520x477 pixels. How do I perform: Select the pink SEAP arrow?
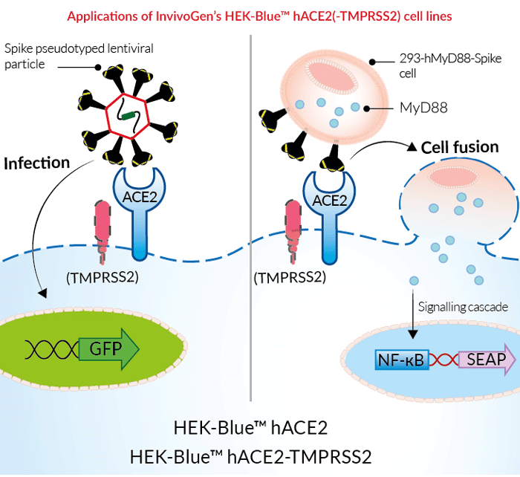tap(488, 360)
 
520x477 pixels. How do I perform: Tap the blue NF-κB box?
tap(400, 361)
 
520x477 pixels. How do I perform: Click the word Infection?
tap(36, 162)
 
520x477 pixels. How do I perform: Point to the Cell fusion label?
tap(460, 146)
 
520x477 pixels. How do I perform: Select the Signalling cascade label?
tap(462, 307)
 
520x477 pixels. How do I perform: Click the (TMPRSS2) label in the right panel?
tap(290, 278)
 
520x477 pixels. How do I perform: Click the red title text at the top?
tap(259, 14)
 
